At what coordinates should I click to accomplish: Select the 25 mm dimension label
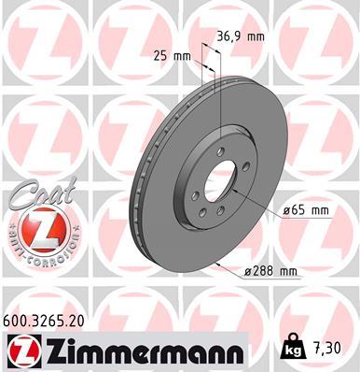(175, 55)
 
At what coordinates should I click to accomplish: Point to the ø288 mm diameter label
(270, 272)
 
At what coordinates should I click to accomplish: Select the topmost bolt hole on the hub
(219, 153)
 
